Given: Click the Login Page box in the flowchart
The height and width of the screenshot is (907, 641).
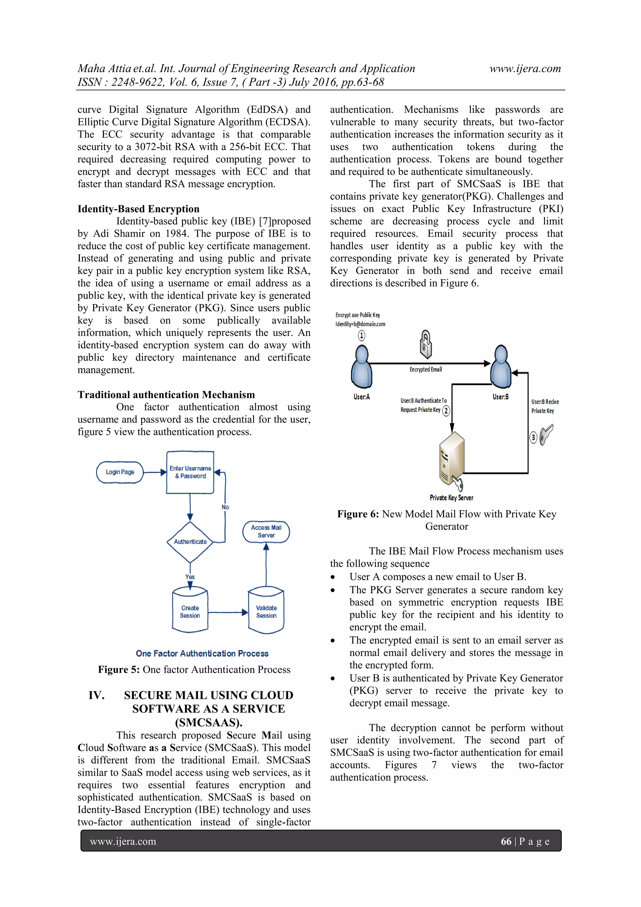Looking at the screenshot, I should click(120, 472).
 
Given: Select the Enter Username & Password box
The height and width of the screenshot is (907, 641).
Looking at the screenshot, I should click(190, 472).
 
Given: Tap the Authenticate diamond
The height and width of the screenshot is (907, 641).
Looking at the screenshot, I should click(190, 542).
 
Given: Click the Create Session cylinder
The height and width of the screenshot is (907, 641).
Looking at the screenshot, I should click(190, 612).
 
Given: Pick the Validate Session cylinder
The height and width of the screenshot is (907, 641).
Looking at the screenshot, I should click(266, 612).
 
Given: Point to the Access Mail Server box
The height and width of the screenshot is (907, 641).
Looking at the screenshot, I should click(266, 531).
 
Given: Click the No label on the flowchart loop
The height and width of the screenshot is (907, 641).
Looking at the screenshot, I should click(225, 507).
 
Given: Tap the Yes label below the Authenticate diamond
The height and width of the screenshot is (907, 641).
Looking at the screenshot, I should click(190, 577).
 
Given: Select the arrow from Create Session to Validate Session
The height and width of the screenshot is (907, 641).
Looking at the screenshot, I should click(227, 612).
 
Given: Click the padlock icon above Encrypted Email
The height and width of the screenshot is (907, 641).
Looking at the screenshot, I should click(425, 343).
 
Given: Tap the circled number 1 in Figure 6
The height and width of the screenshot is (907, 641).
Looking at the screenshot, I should click(362, 335).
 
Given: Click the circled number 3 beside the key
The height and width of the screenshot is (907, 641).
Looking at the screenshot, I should click(533, 437).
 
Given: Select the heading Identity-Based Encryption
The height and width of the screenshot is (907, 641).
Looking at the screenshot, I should click(138, 209).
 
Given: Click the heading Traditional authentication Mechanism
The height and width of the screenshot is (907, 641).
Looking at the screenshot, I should click(166, 395).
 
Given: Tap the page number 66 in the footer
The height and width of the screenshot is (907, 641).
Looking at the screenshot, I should click(506, 842).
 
